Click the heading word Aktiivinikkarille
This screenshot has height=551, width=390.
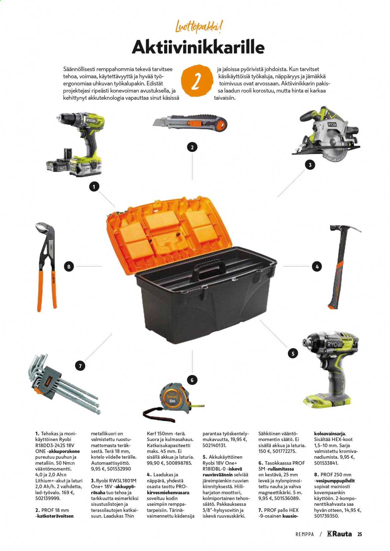[x=198, y=47]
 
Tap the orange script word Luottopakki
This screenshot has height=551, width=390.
[x=199, y=27]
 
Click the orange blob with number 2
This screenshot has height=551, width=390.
[x=196, y=81]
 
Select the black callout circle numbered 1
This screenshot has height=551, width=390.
[x=94, y=187]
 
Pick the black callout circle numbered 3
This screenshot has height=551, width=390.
[x=310, y=165]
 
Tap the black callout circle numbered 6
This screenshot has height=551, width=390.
[x=192, y=380]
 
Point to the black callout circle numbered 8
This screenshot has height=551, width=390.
[x=69, y=266]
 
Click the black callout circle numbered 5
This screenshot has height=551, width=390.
[x=293, y=353]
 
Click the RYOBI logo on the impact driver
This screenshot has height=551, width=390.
[x=335, y=344]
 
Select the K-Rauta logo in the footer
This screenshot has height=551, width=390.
[x=339, y=534]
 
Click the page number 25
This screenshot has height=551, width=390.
[x=360, y=534]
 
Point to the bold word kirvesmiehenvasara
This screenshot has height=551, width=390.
[x=168, y=492]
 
